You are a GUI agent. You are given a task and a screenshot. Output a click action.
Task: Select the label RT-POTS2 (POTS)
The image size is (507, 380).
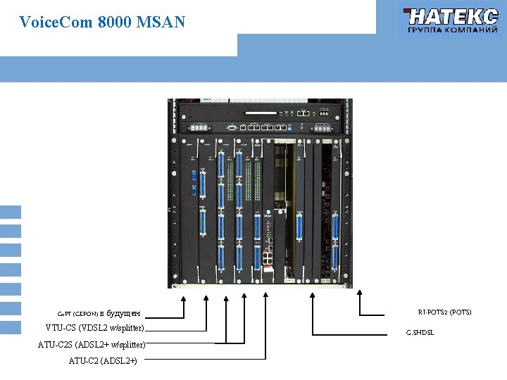(444, 312)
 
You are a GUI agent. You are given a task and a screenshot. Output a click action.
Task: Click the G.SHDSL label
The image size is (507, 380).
(420, 331)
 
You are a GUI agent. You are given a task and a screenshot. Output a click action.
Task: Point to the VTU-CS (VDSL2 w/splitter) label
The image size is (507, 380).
(95, 328)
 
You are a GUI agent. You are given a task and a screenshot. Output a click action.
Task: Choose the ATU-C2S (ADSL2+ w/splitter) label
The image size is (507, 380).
(92, 345)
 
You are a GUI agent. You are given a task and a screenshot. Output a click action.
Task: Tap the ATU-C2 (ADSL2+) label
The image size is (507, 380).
(103, 361)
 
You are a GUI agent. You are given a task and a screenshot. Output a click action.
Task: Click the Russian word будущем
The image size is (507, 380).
(123, 313)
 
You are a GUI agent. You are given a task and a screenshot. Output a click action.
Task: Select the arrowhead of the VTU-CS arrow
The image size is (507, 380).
(207, 298)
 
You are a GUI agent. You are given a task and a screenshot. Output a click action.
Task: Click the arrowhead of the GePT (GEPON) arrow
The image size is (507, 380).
(184, 298)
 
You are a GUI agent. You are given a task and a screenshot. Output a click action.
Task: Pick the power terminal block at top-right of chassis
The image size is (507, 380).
(322, 128)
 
